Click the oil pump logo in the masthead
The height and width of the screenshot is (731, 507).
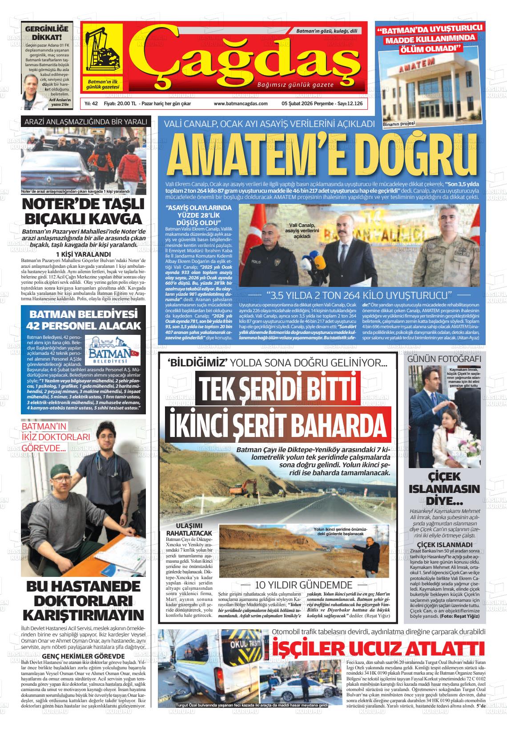103,50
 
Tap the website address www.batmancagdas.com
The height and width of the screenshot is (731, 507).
240,103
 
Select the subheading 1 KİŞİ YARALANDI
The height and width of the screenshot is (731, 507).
83,254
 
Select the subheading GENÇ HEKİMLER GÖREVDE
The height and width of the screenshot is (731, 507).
83,656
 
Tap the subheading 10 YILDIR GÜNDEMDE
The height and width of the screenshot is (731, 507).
303,585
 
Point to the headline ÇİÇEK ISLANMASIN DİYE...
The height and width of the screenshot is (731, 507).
444,489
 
